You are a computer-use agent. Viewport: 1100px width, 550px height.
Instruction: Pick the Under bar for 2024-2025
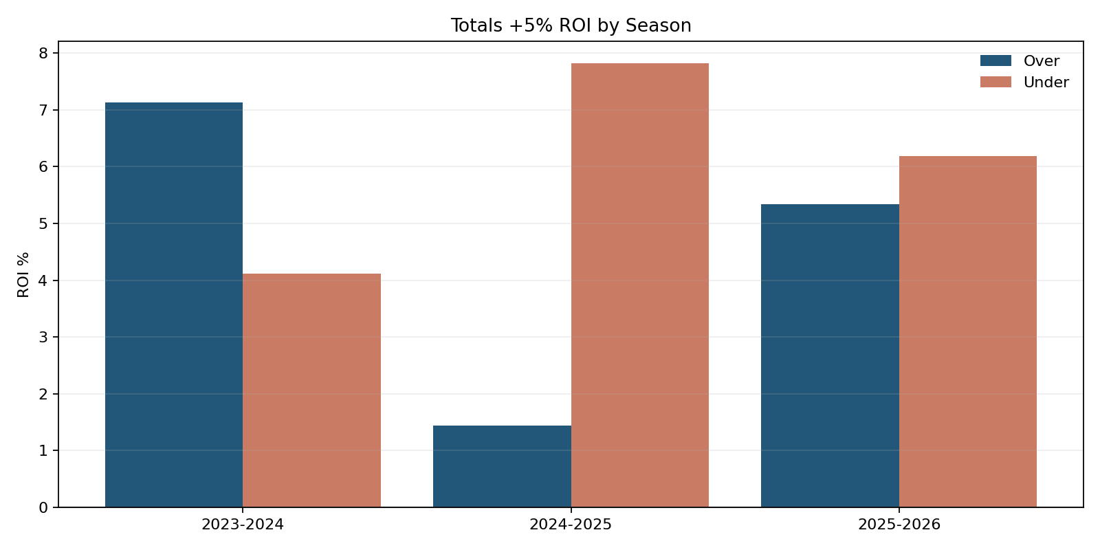pyautogui.click(x=639, y=285)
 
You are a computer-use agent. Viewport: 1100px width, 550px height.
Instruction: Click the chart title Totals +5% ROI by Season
pyautogui.click(x=571, y=25)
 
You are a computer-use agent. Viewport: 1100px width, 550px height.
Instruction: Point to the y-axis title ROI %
pyautogui.click(x=24, y=274)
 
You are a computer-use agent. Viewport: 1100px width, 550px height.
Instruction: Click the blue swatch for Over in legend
pyautogui.click(x=995, y=60)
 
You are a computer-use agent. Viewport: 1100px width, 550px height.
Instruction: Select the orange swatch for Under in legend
pyautogui.click(x=995, y=82)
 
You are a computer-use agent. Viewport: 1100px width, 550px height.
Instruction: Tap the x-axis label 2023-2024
pyautogui.click(x=243, y=525)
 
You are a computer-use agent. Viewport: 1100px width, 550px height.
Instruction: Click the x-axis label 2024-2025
pyautogui.click(x=571, y=525)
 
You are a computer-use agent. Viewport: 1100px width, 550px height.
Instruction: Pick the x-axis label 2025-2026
pyautogui.click(x=899, y=525)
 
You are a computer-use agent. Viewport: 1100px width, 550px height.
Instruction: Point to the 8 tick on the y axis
pyautogui.click(x=43, y=53)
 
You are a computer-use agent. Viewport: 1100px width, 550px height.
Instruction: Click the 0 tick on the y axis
pyautogui.click(x=43, y=507)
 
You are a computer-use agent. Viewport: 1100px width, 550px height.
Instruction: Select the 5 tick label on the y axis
pyautogui.click(x=43, y=223)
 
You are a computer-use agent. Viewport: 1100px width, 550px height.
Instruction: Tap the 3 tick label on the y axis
pyautogui.click(x=43, y=337)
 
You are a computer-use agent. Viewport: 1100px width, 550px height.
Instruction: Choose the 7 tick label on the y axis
pyautogui.click(x=43, y=110)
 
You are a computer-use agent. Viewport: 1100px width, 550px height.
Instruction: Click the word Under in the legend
pyautogui.click(x=1046, y=82)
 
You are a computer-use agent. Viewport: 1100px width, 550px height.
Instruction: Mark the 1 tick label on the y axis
pyautogui.click(x=43, y=450)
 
